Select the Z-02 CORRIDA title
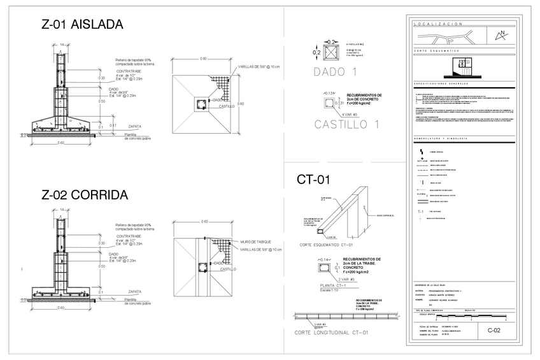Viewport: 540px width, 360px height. (85, 195)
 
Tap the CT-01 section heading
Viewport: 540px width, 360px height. (313, 180)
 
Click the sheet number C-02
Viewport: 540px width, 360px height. (494, 331)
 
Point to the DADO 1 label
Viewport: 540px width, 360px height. (334, 72)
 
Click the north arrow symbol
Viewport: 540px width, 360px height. (502, 34)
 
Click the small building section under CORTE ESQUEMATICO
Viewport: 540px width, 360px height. (463, 65)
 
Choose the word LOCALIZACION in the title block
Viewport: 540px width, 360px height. (438, 24)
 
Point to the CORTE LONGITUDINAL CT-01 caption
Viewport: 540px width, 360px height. (332, 333)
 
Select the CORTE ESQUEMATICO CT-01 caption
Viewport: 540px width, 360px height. (326, 244)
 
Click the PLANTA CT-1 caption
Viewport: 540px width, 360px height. (333, 285)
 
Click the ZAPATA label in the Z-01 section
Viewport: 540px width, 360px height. (134, 126)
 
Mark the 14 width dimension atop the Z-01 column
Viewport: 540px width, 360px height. (62, 45)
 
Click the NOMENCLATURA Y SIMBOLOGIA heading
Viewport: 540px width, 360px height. (441, 138)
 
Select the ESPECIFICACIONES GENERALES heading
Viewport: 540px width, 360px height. (441, 83)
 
